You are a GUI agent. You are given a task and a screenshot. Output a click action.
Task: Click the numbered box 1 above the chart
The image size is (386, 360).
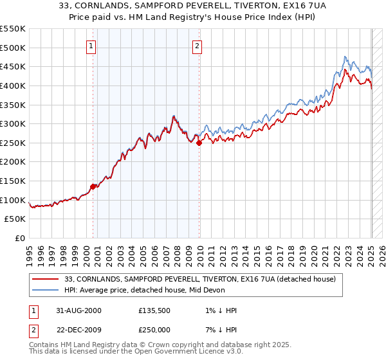tap(91, 46)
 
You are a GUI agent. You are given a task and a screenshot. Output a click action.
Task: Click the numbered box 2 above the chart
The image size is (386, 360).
tap(196, 46)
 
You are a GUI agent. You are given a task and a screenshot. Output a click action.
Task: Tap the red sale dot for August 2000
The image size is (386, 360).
tap(93, 186)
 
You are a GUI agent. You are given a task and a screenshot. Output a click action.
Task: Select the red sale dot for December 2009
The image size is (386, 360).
tap(199, 143)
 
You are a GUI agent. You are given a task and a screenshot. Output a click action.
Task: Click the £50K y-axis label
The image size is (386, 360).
tap(15, 219)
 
